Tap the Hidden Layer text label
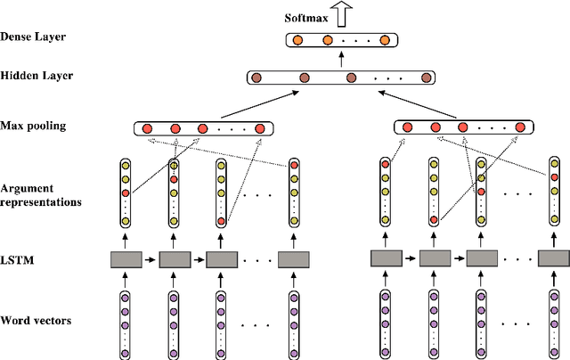point(37,77)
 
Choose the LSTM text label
point(19,259)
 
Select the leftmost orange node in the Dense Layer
point(298,40)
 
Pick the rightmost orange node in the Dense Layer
point(384,40)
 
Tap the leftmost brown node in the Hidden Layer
point(256,78)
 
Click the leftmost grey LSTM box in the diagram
point(126,259)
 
